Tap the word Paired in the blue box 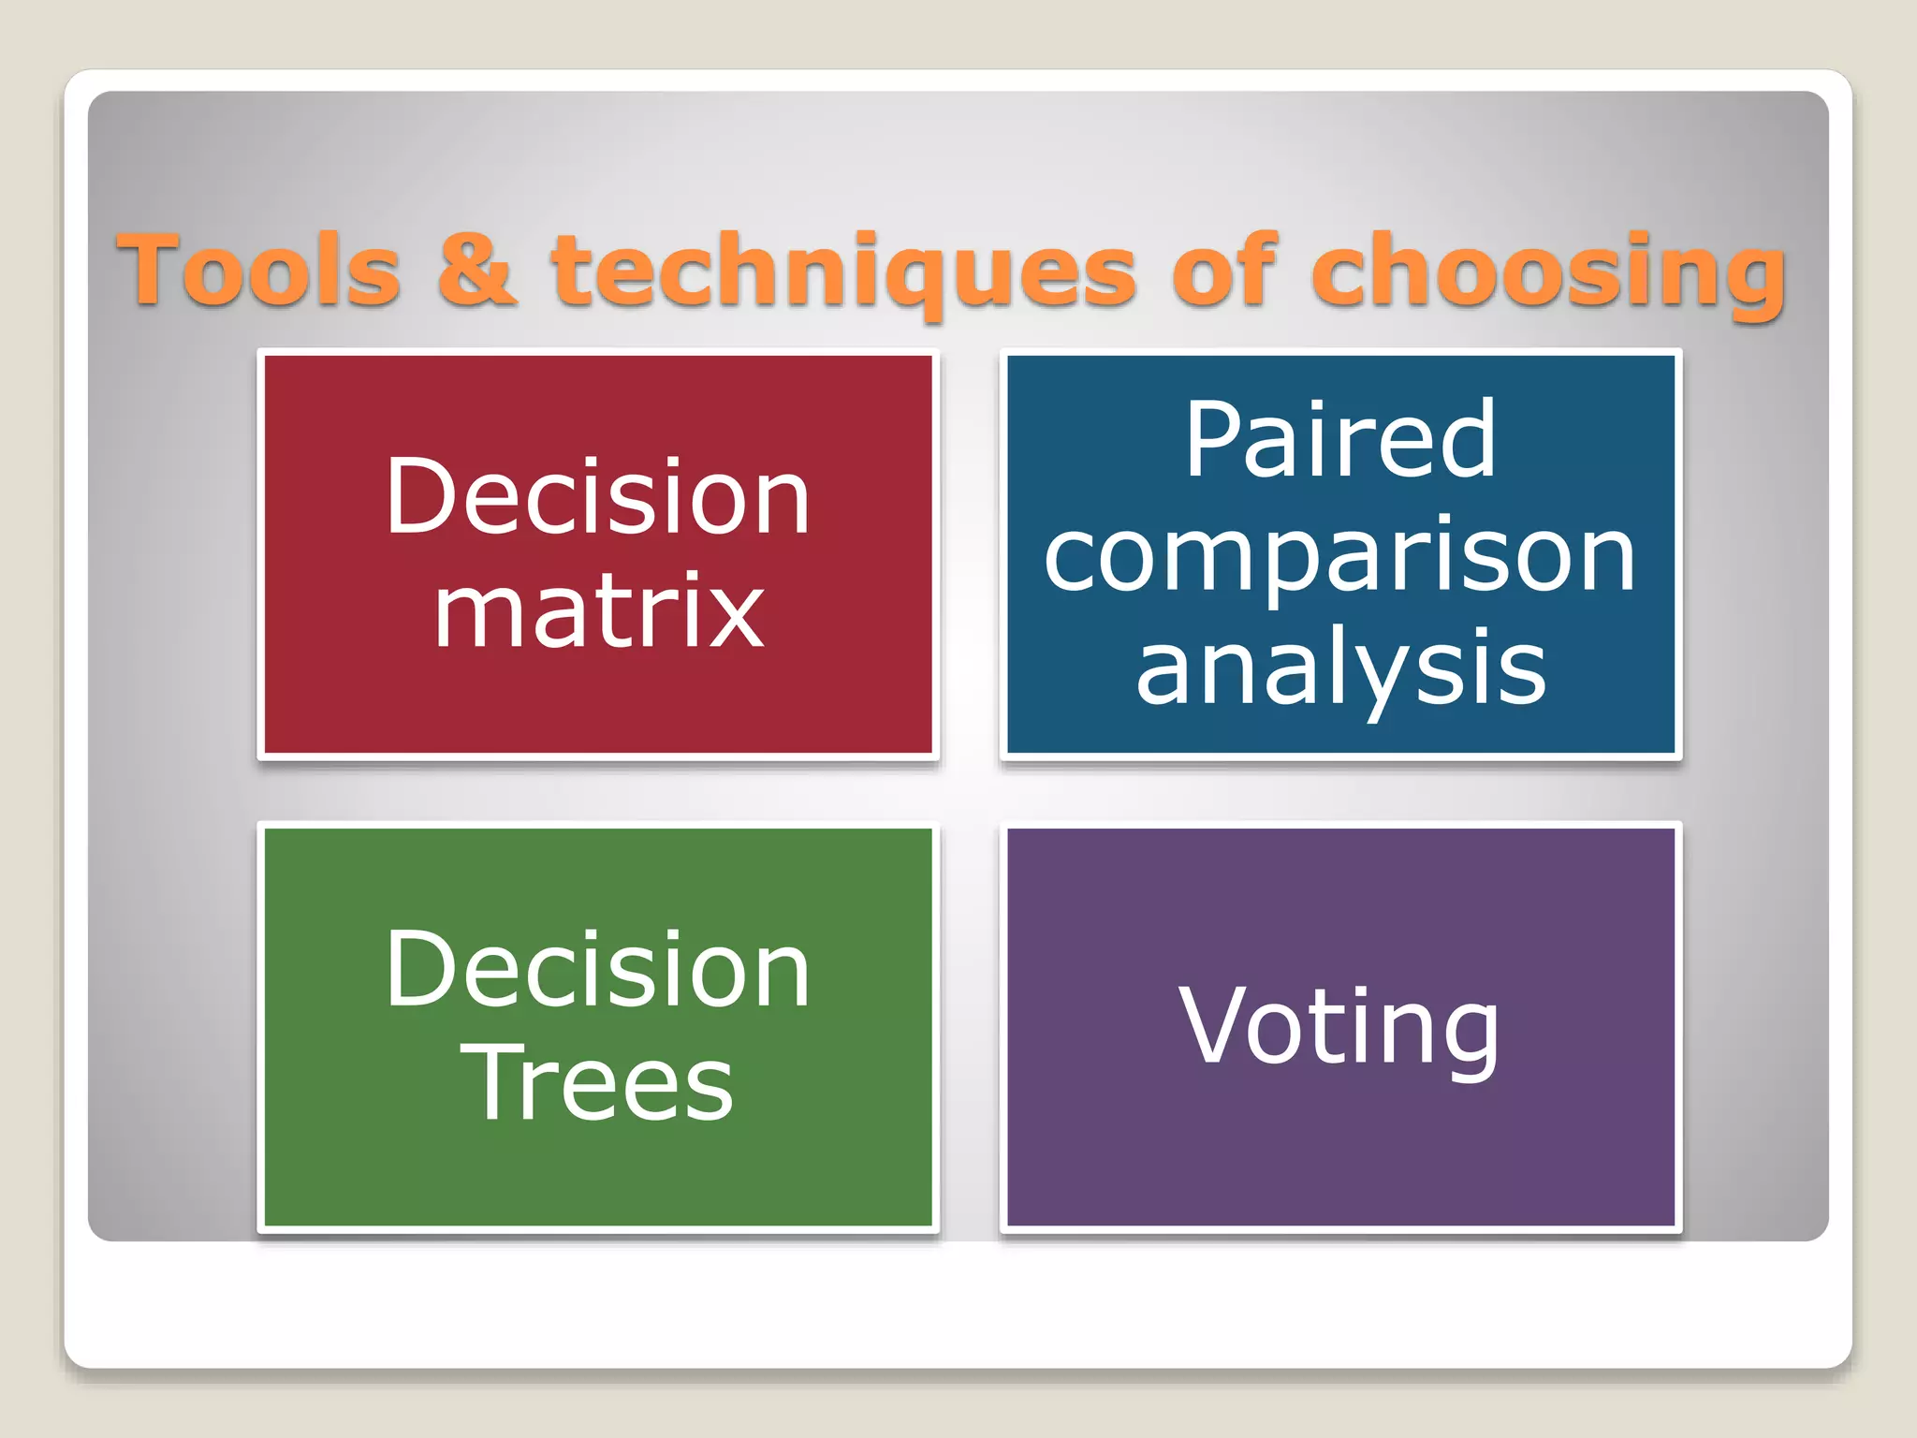1340,439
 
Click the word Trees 597,1084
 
